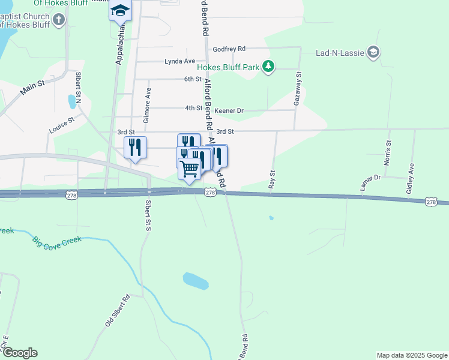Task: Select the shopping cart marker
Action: point(190,168)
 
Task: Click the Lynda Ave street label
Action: point(180,61)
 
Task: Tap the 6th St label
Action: point(193,79)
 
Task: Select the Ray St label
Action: point(272,181)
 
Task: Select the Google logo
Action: point(20,353)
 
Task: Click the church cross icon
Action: point(58,20)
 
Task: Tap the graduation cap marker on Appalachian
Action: point(120,11)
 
